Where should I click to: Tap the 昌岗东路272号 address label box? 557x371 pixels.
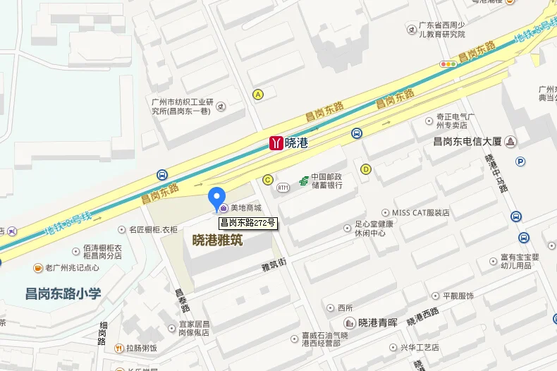(x=246, y=223)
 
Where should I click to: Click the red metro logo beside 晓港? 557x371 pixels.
(x=276, y=143)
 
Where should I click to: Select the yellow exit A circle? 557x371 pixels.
(x=258, y=94)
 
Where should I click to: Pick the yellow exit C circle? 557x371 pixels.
(x=267, y=180)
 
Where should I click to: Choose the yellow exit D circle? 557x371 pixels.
(x=365, y=169)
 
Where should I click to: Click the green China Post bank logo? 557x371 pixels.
(x=303, y=181)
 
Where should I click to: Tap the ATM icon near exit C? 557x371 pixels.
(x=283, y=187)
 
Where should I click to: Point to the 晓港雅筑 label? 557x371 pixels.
(x=217, y=241)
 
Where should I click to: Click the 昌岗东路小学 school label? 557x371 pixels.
(x=63, y=293)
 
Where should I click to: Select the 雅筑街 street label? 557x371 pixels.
(x=273, y=267)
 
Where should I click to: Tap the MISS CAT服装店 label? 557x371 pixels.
(x=420, y=212)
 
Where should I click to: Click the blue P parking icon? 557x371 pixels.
(x=520, y=162)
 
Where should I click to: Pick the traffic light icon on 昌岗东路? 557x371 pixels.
(x=448, y=64)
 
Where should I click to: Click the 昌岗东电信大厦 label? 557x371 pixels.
(x=467, y=141)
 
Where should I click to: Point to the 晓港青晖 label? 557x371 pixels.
(x=378, y=324)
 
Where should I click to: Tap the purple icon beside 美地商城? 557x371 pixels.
(x=224, y=208)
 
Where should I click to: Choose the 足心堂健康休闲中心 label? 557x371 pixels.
(x=369, y=229)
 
